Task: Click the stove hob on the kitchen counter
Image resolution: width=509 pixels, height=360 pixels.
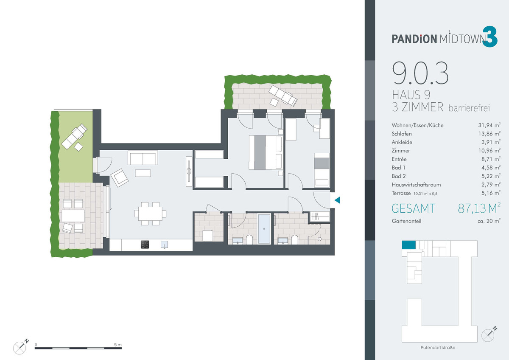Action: point(145,245)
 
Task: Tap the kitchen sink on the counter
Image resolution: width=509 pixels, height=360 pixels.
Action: point(164,245)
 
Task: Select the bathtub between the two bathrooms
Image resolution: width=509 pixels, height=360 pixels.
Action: point(264,229)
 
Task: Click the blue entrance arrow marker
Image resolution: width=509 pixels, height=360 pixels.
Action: point(337,200)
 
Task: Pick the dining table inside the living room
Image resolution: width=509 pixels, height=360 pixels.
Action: point(151,214)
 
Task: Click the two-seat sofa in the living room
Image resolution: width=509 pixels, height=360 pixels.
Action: point(143,157)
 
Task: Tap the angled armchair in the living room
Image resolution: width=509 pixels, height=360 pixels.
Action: point(120,177)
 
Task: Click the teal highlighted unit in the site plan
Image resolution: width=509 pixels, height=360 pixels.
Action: point(408,245)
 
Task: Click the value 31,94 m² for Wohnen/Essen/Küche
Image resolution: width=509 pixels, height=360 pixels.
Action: point(489,125)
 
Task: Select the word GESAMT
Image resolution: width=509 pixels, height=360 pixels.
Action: point(413,208)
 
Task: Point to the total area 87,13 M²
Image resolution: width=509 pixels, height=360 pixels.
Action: point(479,208)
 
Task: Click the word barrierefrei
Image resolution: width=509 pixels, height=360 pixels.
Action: point(469,108)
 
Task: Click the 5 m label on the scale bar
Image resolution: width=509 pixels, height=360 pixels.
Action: point(118,345)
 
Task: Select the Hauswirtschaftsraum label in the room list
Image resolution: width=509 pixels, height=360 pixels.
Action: point(416,185)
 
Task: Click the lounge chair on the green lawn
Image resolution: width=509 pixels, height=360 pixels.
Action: point(74,136)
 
